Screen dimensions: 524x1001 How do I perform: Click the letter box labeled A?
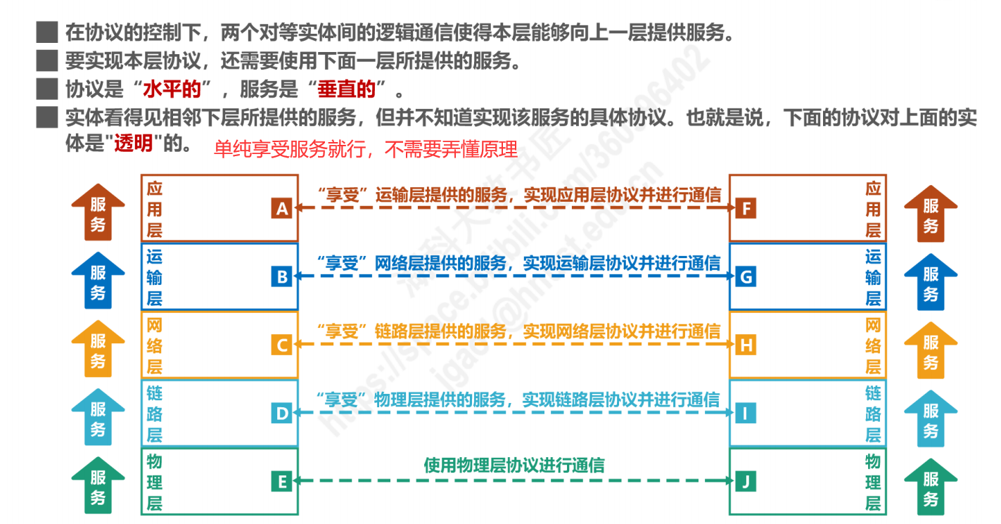click(281, 209)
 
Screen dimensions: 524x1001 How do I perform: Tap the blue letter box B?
click(281, 277)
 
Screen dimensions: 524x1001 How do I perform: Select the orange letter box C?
click(281, 345)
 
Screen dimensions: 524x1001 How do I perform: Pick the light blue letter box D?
click(281, 414)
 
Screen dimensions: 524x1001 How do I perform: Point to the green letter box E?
click(281, 482)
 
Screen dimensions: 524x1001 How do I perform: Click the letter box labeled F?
click(746, 209)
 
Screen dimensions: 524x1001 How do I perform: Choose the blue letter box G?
click(746, 277)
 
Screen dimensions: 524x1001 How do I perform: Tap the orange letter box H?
click(746, 345)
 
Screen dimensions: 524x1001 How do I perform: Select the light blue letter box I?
click(746, 414)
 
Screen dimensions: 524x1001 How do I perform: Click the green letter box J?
click(746, 482)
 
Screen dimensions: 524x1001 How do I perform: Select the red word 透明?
click(133, 143)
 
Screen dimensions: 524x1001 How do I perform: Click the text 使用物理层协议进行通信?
click(514, 465)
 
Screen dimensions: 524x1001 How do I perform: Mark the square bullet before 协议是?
click(46, 90)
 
